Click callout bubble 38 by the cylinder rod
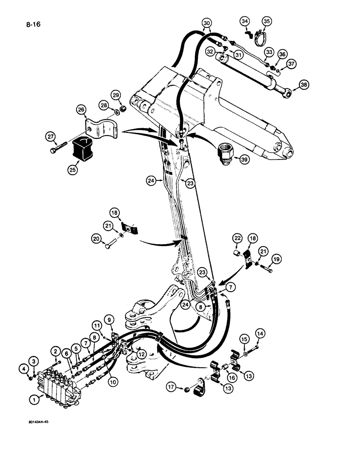(304, 85)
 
